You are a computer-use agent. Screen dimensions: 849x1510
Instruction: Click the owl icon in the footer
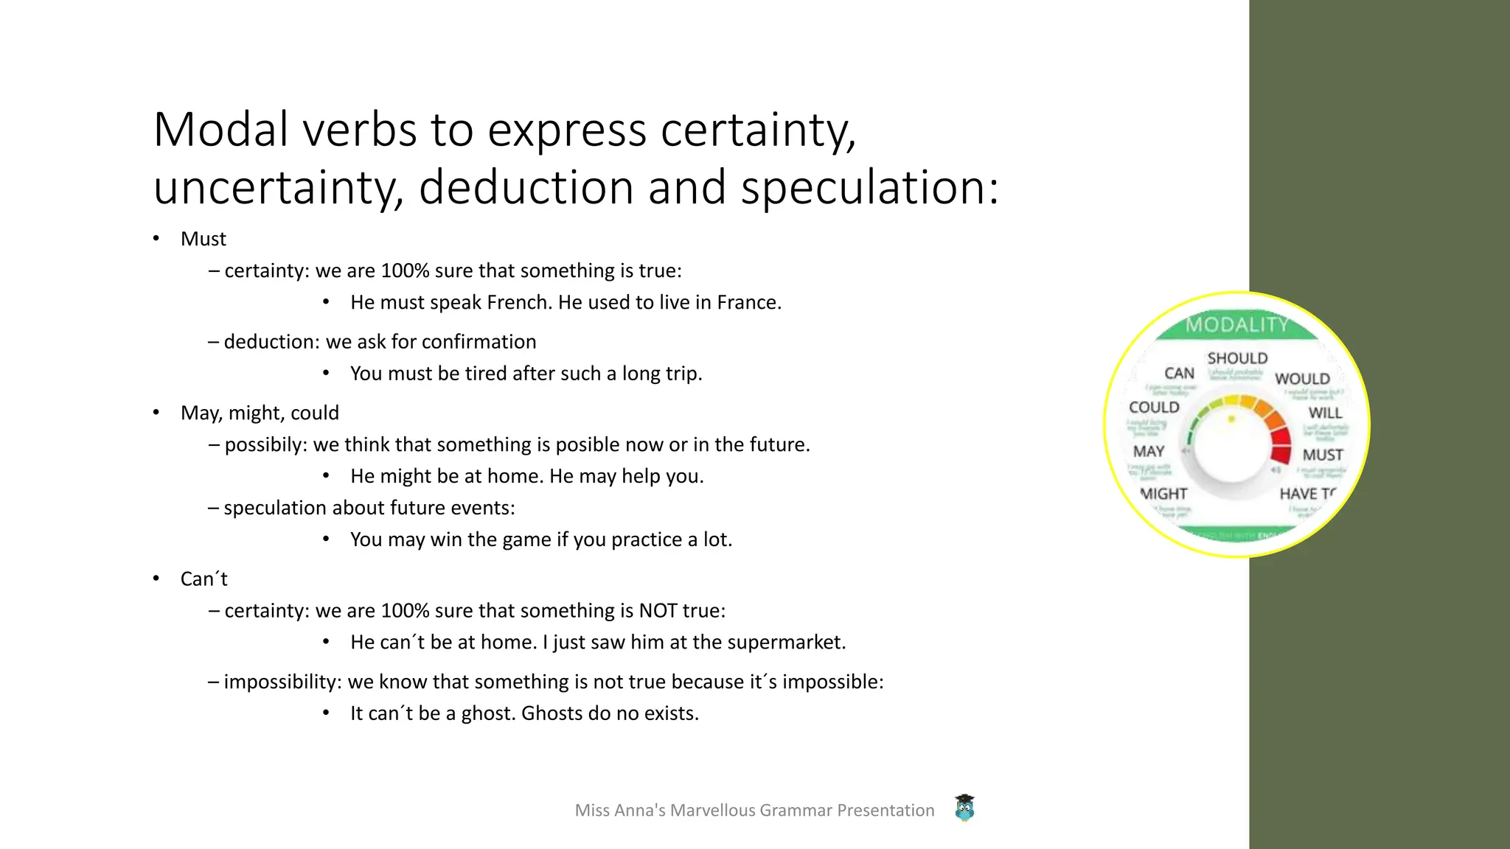tap(964, 808)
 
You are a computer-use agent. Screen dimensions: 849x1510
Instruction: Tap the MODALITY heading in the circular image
tap(1236, 324)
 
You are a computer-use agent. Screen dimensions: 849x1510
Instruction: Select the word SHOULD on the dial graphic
tap(1237, 358)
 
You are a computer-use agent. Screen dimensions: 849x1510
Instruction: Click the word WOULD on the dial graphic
tap(1302, 379)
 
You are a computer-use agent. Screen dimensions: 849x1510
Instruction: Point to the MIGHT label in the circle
tap(1163, 494)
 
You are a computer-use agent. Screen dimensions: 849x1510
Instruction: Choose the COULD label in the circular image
tap(1154, 408)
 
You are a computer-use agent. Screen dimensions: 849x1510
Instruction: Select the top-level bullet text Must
tap(203, 239)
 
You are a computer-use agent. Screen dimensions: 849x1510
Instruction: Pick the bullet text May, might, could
tap(260, 413)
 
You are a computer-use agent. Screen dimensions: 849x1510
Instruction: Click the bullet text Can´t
tap(203, 579)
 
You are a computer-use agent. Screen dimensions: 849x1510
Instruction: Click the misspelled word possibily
tap(265, 444)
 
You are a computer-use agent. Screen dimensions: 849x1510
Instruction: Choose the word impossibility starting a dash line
tap(281, 682)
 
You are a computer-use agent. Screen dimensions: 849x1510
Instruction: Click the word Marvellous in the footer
tap(712, 810)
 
